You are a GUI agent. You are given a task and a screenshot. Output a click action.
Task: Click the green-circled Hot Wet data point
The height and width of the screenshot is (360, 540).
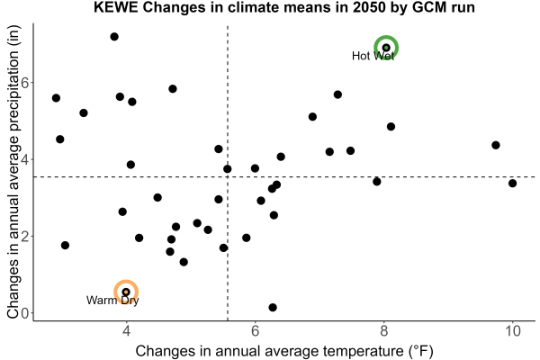386,47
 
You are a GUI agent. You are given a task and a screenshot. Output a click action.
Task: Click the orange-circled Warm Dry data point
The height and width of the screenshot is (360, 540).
126,292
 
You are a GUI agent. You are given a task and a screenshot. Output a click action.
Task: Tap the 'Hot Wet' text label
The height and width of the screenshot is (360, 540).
373,56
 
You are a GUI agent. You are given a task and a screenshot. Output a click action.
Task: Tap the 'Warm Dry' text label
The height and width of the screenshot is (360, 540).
112,300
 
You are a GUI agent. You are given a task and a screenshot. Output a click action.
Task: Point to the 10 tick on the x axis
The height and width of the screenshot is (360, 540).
512,331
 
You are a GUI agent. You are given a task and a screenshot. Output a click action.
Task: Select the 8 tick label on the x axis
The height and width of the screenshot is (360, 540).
383,331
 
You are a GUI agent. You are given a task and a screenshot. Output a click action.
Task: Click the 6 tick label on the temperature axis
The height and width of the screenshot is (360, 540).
255,331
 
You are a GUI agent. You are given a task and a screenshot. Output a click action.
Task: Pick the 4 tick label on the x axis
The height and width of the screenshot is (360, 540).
126,331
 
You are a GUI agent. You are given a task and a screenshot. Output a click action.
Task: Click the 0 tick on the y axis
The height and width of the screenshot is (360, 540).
25,313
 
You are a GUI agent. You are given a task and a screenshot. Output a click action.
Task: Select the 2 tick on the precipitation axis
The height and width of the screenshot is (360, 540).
25,237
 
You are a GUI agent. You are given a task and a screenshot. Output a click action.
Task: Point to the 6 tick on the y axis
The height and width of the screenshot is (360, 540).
25,82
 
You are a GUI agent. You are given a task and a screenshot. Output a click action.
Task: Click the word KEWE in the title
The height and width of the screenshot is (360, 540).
116,7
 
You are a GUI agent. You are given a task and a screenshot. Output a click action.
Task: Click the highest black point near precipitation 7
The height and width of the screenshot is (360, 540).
114,37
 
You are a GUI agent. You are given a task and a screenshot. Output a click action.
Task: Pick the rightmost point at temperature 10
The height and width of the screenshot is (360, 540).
512,184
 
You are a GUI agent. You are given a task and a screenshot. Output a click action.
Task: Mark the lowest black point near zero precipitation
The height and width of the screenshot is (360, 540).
273,307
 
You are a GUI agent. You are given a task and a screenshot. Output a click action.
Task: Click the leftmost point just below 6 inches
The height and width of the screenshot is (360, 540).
56,98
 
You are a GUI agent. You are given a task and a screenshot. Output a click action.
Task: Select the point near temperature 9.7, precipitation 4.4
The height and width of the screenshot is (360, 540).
496,145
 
